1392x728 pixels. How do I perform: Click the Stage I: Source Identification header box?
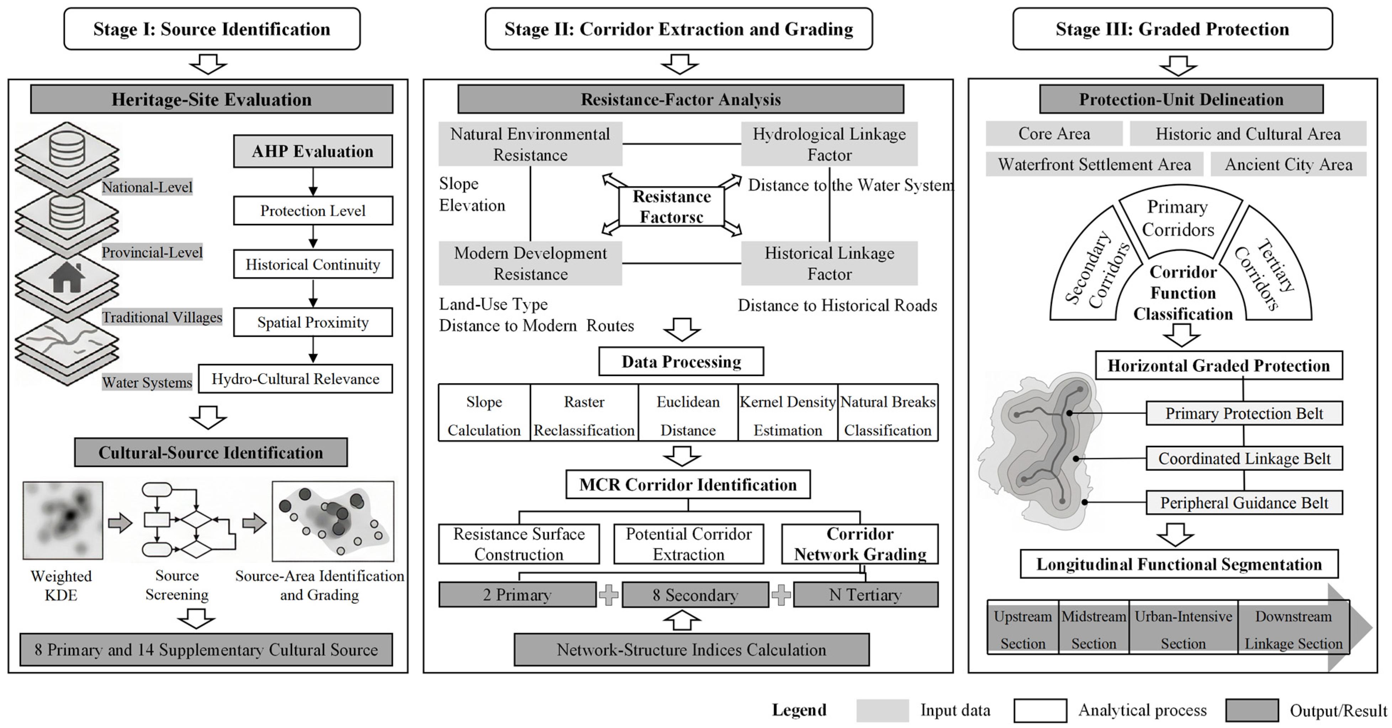[x=212, y=29]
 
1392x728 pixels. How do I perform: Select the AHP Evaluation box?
[x=313, y=151]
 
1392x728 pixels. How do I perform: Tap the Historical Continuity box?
[x=313, y=264]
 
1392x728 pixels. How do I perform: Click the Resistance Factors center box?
[x=672, y=206]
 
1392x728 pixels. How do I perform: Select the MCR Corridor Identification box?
[x=688, y=485]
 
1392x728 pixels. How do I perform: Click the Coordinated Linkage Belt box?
[x=1244, y=459]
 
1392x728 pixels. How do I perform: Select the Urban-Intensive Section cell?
[x=1184, y=629]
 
